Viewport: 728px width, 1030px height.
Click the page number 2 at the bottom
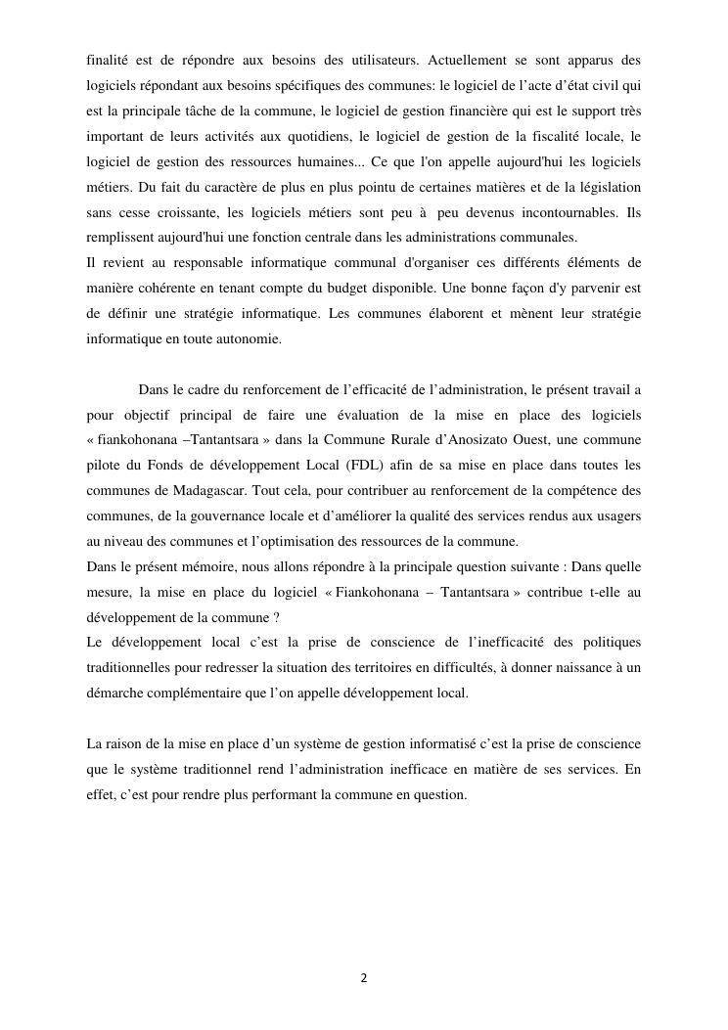click(364, 977)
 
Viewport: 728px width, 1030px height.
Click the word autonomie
click(250, 339)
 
